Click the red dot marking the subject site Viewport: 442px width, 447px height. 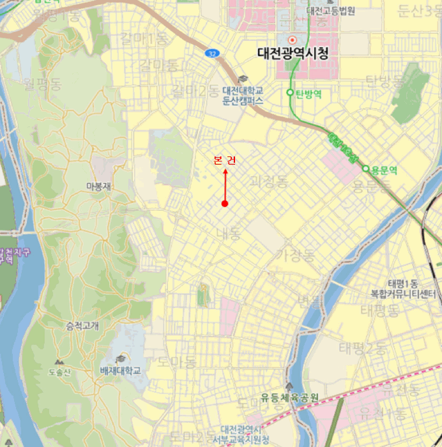225,204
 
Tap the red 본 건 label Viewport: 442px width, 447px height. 225,160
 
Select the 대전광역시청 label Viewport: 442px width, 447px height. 292,54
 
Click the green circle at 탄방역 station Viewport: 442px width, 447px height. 290,93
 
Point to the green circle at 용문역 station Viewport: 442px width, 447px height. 366,169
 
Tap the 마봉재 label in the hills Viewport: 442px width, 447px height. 99,186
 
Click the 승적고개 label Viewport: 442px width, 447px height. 82,326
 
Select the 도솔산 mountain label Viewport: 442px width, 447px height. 59,372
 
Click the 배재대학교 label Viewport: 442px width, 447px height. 119,370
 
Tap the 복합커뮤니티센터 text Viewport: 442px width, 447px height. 403,294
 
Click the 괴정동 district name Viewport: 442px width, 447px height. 269,181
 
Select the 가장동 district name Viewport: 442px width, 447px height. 295,255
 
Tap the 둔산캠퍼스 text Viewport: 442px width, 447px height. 242,100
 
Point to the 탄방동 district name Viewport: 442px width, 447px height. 385,81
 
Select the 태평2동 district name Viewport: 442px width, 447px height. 362,348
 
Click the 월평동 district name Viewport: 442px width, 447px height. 41,82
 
